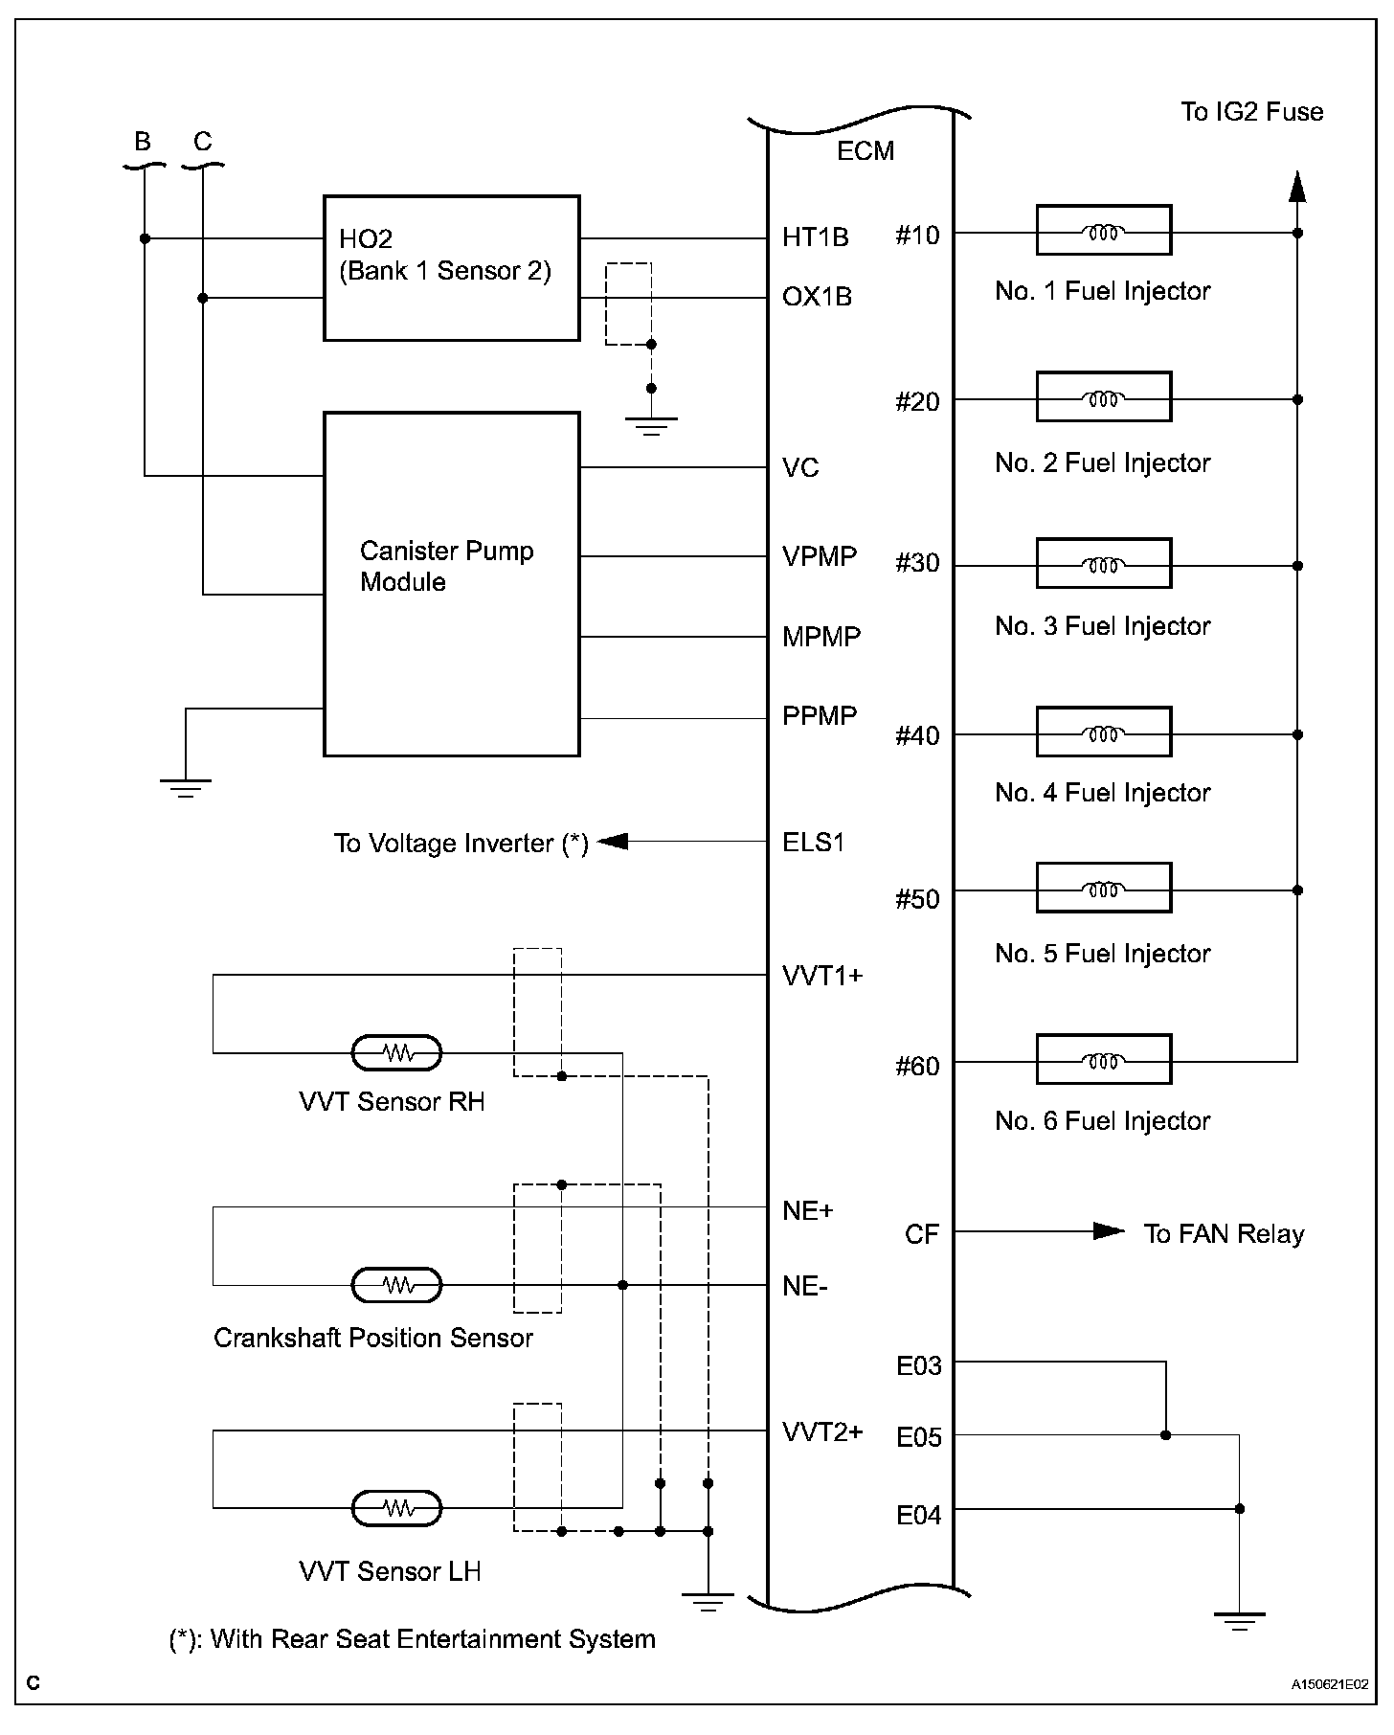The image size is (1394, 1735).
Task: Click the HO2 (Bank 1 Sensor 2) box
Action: pyautogui.click(x=451, y=268)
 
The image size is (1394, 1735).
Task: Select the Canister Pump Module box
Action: pyautogui.click(x=451, y=584)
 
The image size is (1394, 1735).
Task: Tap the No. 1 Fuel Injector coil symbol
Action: pyautogui.click(x=1103, y=231)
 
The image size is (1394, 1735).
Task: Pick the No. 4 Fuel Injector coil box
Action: pyautogui.click(x=1103, y=732)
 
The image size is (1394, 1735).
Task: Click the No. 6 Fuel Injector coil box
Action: pyautogui.click(x=1103, y=1059)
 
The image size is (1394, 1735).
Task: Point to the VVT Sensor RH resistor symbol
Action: pyautogui.click(x=397, y=1053)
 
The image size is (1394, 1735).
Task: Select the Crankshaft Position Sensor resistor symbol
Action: pyautogui.click(x=397, y=1285)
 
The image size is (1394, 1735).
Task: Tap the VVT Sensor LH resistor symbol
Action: pyautogui.click(x=397, y=1509)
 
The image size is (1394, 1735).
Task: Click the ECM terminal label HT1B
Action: pyautogui.click(x=815, y=237)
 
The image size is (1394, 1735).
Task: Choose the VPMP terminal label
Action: pyautogui.click(x=819, y=556)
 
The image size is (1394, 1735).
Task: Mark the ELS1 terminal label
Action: pyautogui.click(x=813, y=843)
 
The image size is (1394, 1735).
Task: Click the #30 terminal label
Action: pyautogui.click(x=917, y=564)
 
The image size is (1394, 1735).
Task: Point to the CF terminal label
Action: pyautogui.click(x=921, y=1234)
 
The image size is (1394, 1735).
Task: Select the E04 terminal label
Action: pyautogui.click(x=918, y=1515)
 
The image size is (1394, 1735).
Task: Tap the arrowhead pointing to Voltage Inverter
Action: pyautogui.click(x=613, y=842)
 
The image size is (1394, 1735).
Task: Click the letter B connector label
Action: pyautogui.click(x=143, y=142)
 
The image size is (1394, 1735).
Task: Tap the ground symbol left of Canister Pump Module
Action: pyautogui.click(x=186, y=787)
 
